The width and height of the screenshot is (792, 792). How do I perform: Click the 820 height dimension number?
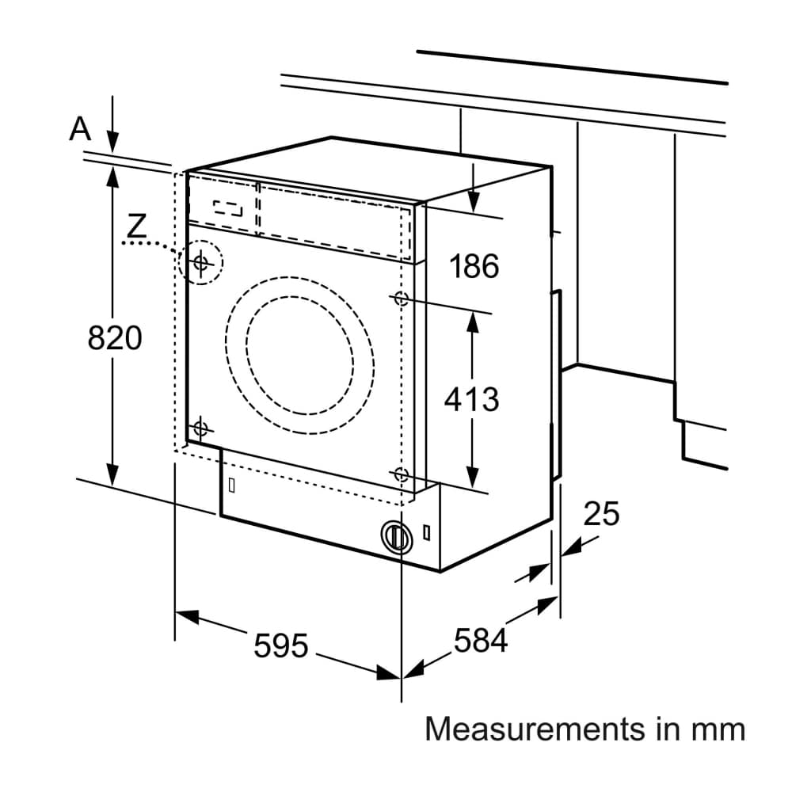click(115, 338)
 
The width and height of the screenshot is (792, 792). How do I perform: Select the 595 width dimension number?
click(280, 645)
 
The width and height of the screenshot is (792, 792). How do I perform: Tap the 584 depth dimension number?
click(480, 640)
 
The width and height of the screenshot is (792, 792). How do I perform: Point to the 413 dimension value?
click(471, 399)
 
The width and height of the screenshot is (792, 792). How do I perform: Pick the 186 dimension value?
click(474, 266)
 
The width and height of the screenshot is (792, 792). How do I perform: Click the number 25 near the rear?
click(601, 514)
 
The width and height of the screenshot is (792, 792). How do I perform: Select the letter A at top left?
click(80, 128)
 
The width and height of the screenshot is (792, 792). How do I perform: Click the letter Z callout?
click(137, 227)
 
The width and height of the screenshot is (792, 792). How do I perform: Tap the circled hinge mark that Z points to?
click(201, 261)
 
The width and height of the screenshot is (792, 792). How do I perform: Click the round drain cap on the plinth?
click(395, 536)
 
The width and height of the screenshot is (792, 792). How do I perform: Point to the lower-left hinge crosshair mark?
click(200, 428)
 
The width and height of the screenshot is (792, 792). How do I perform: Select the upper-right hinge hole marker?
click(401, 299)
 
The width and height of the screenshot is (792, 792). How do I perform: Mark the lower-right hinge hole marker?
click(401, 475)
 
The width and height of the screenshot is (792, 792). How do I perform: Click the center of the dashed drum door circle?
click(298, 345)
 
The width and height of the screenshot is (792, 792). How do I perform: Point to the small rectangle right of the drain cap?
click(427, 532)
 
